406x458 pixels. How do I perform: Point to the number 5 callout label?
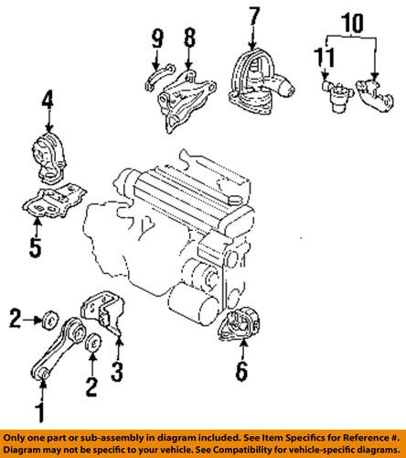(36, 245)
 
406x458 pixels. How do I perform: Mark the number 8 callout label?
(190, 39)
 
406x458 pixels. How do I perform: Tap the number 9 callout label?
(157, 39)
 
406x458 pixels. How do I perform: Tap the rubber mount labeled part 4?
(48, 153)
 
